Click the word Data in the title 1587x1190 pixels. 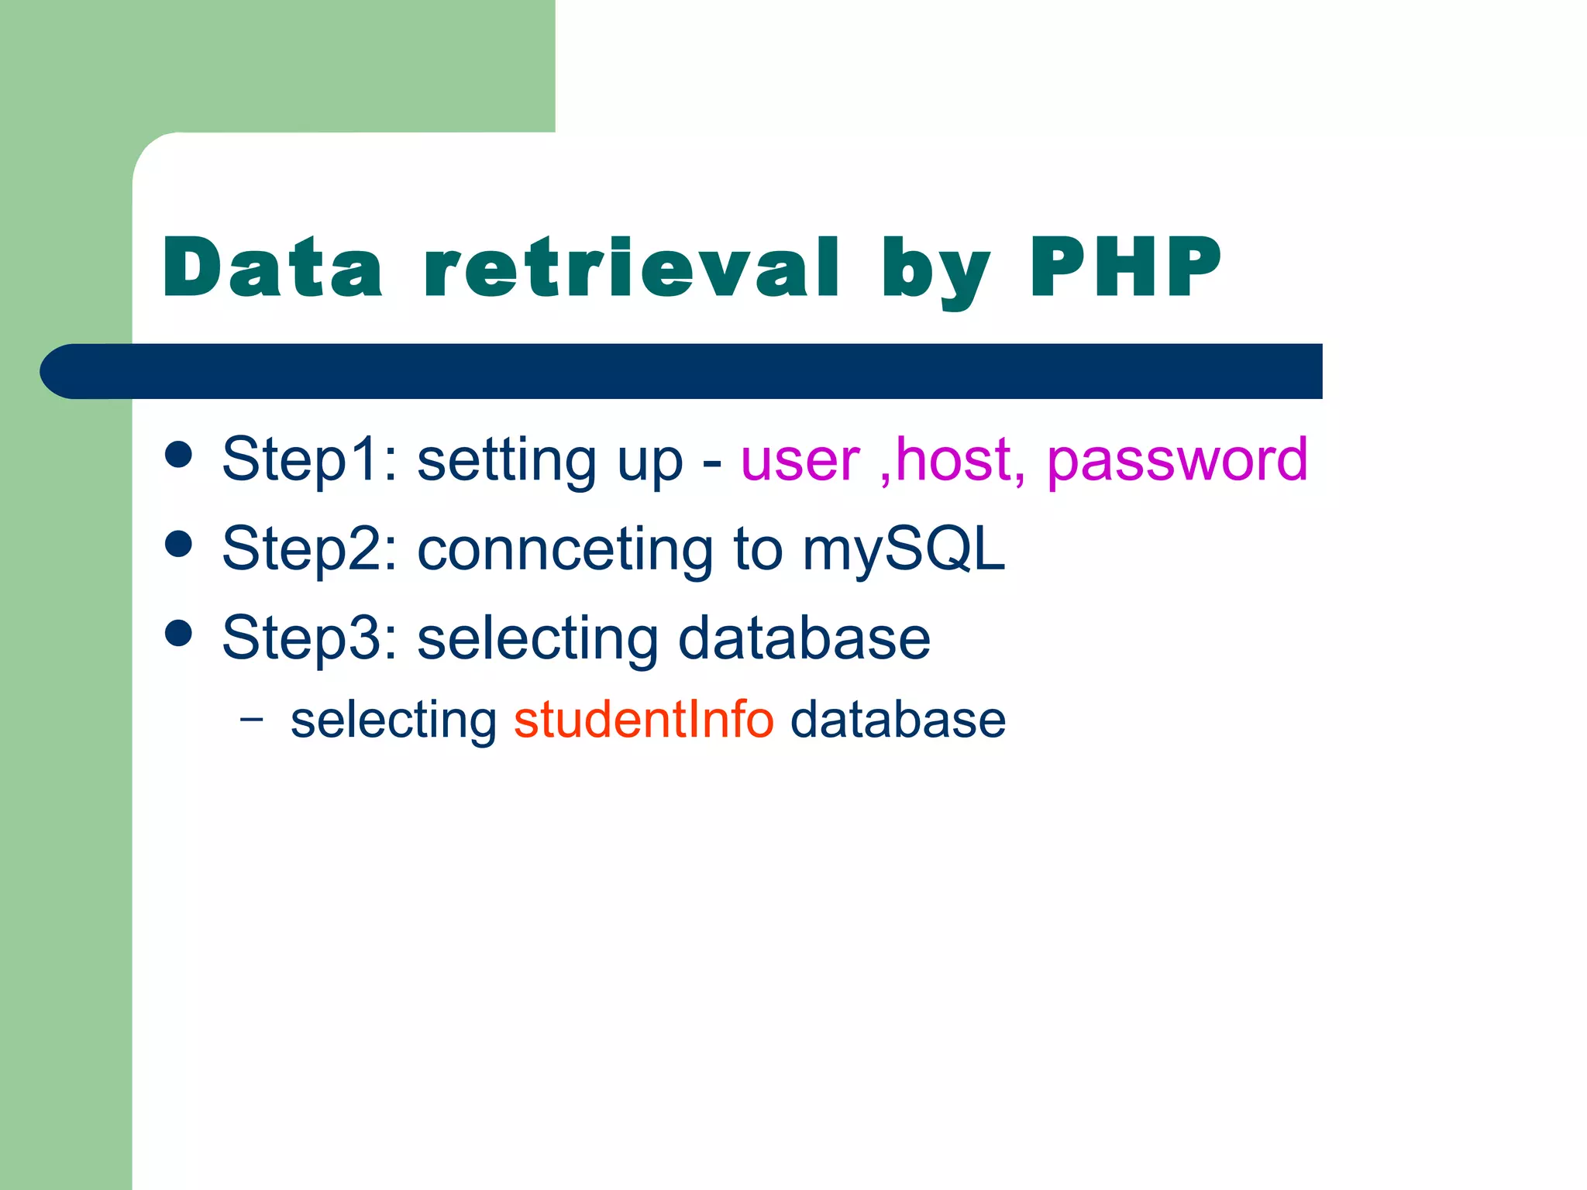(x=273, y=267)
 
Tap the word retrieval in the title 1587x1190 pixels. (x=632, y=267)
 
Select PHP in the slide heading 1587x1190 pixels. (x=1124, y=267)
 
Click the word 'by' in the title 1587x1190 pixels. (x=935, y=271)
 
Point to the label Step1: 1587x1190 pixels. (x=309, y=460)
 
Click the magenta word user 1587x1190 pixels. (x=800, y=460)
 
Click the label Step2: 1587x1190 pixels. (x=309, y=549)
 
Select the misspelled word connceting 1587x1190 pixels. (x=565, y=549)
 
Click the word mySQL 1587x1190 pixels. (x=903, y=549)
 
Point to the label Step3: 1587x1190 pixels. (x=309, y=638)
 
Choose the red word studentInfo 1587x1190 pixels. (x=643, y=719)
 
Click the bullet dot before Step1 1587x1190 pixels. (x=179, y=455)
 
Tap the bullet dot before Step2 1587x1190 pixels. (x=179, y=544)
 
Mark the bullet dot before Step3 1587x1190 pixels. (x=179, y=633)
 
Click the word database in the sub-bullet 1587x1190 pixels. (x=897, y=719)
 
